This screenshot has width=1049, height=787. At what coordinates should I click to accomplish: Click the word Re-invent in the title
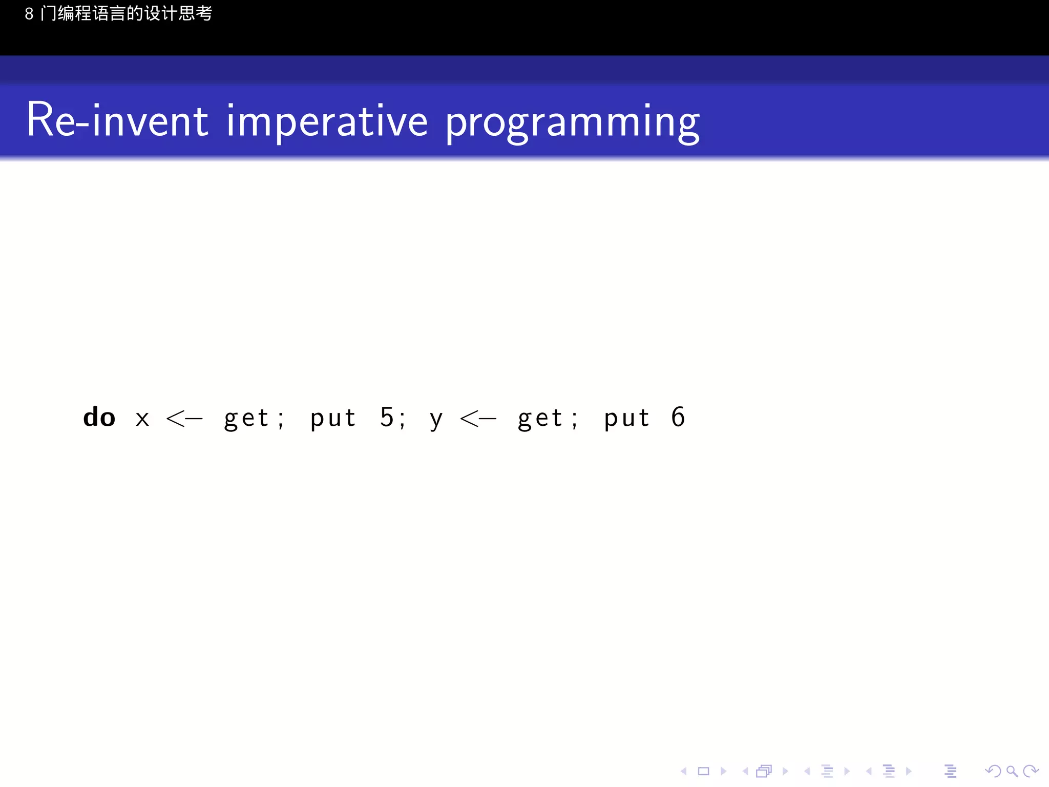point(117,121)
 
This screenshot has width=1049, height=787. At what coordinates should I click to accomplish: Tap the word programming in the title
point(572,123)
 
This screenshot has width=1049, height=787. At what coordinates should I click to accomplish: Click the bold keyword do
point(99,417)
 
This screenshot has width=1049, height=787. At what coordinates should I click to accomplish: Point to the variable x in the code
point(142,419)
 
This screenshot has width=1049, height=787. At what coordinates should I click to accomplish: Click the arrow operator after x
point(184,419)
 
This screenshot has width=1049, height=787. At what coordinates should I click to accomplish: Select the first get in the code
point(246,419)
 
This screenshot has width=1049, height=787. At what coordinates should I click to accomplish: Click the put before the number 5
point(333,419)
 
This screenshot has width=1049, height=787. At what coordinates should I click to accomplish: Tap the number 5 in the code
point(387,417)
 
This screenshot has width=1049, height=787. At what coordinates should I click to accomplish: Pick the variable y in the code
point(436,420)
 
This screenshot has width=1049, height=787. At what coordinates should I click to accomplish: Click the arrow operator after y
point(478,419)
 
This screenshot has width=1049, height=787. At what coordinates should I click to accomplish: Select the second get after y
point(540,419)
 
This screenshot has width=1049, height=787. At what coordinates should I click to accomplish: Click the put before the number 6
point(627,419)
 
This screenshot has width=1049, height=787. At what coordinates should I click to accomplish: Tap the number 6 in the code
point(678,417)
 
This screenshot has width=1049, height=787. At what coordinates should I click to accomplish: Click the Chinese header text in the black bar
point(118,13)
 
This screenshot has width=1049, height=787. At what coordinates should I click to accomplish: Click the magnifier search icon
point(1012,771)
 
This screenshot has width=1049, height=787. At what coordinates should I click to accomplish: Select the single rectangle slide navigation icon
point(703,771)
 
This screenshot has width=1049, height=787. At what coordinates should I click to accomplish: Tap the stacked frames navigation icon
point(764,771)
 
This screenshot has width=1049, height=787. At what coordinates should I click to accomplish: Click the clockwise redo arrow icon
point(1030,771)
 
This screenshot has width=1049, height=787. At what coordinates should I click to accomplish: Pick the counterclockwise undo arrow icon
point(993,771)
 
